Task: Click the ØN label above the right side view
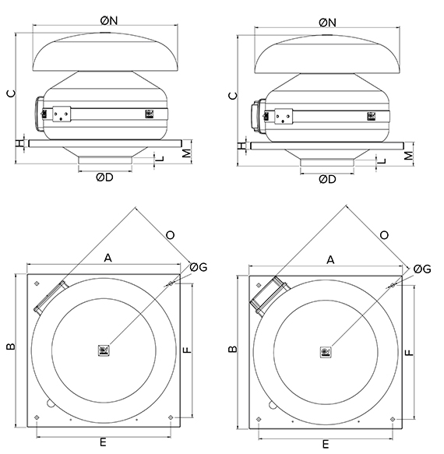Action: click(328, 22)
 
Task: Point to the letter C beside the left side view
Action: click(11, 93)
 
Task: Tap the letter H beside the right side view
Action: click(242, 146)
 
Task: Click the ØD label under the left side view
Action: click(106, 178)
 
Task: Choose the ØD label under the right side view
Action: click(328, 178)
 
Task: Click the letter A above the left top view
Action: click(109, 259)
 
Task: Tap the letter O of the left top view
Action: click(171, 233)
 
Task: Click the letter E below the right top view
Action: click(325, 444)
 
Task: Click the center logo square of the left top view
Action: click(104, 351)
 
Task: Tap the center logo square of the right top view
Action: click(325, 352)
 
